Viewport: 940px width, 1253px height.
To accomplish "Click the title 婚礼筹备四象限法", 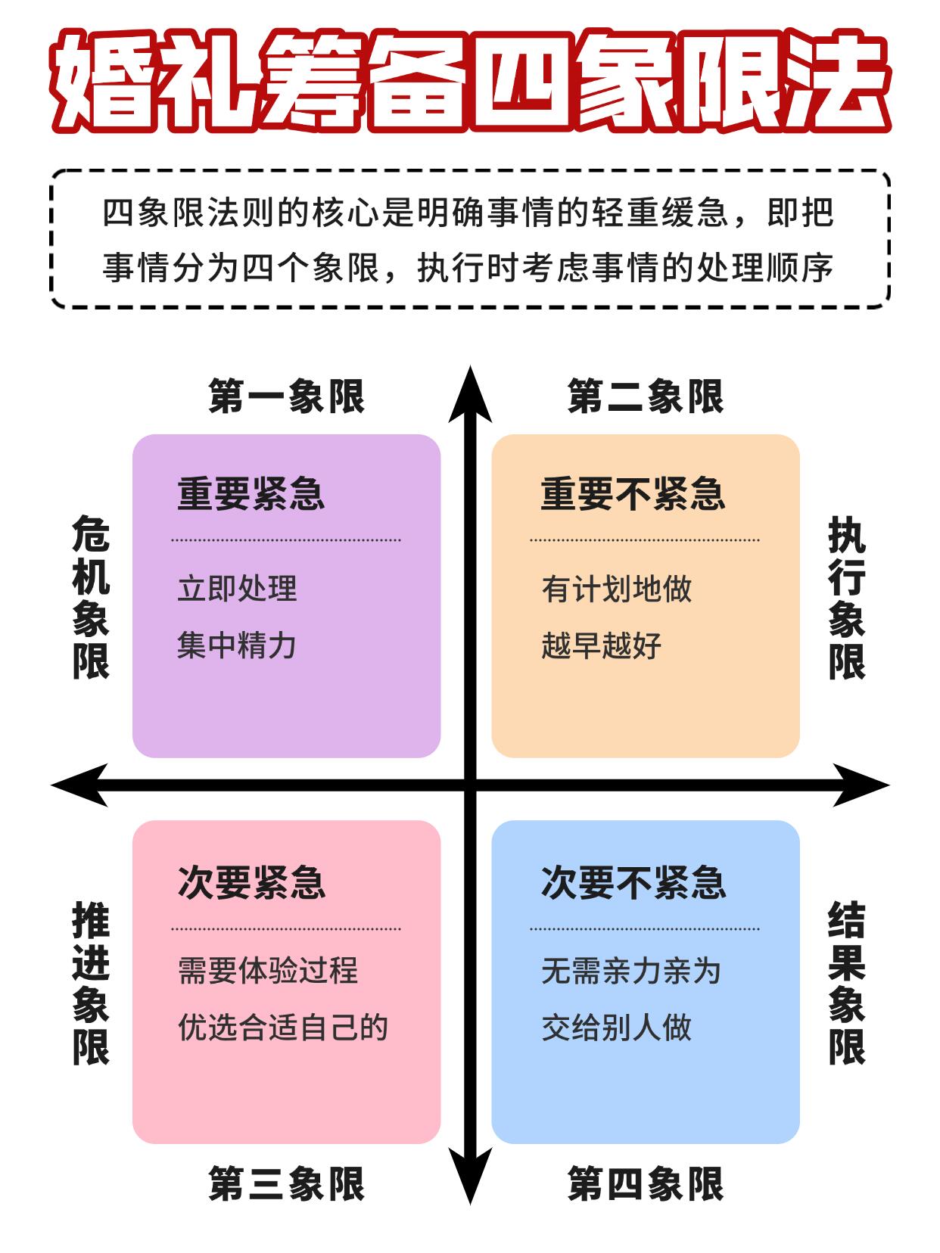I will coord(469,81).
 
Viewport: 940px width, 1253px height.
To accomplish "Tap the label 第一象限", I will coord(287,396).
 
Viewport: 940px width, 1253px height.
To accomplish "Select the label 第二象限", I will coord(646,396).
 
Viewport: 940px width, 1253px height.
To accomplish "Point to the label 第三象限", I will coord(287,1184).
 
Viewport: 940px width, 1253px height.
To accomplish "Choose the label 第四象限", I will coord(646,1184).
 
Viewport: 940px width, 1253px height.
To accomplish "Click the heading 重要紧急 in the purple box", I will coord(251,494).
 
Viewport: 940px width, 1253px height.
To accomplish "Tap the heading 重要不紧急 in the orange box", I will coord(633,494).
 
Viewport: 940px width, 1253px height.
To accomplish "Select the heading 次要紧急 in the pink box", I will coord(251,882).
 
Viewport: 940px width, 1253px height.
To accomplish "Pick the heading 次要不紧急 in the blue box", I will coord(633,882).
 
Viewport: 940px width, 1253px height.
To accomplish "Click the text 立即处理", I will coord(237,589).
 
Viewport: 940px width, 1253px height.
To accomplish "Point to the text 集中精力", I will coord(237,645).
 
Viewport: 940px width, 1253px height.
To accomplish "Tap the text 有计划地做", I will coord(616,589).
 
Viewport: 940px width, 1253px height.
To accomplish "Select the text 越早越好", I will coord(601,645).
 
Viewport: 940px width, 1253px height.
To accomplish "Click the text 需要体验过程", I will coord(267,971).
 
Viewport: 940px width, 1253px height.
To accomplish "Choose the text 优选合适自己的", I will coord(282,1028).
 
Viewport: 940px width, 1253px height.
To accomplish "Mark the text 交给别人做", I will coord(616,1028).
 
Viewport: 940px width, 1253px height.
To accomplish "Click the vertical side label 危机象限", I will coord(91,598).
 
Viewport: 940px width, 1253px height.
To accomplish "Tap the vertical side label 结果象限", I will coord(846,983).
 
